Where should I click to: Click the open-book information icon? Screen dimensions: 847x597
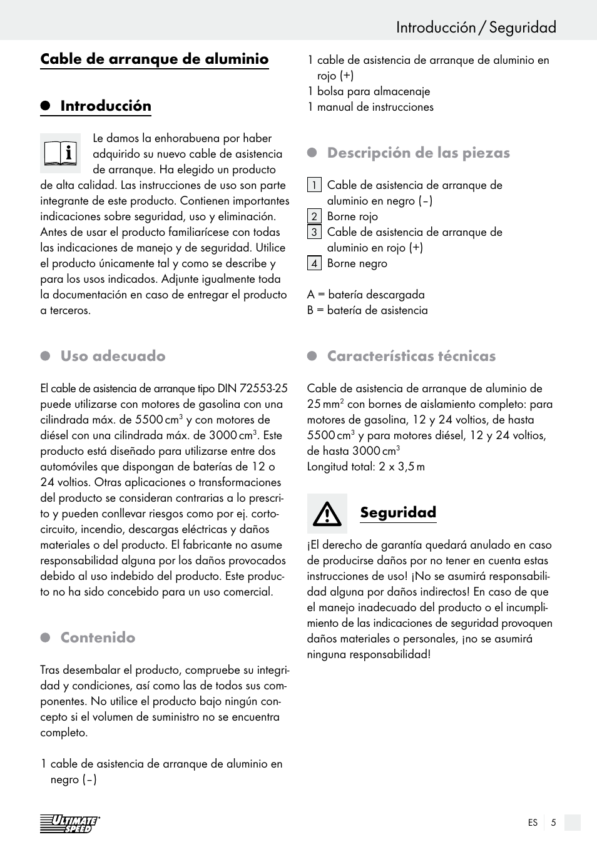click(60, 153)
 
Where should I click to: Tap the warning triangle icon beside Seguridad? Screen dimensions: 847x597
click(327, 514)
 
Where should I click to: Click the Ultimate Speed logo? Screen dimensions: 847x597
click(69, 824)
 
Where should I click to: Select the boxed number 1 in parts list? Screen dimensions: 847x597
click(314, 185)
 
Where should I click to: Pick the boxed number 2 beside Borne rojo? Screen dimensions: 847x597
click(314, 216)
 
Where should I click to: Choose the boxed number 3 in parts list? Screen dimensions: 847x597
click(314, 232)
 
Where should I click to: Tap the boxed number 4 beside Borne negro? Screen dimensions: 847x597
click(314, 263)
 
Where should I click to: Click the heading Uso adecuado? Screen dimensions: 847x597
click(113, 356)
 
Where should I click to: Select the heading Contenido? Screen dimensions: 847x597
click(98, 637)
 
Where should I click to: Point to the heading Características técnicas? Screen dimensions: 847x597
click(411, 356)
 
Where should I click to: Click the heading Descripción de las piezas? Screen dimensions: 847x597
click(418, 153)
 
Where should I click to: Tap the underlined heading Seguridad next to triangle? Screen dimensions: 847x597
click(398, 512)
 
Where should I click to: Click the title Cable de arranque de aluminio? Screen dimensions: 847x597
click(155, 59)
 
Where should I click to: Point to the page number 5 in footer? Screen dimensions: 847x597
click(553, 823)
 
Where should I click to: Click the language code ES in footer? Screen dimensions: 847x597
click(533, 823)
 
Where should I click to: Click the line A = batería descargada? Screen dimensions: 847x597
click(365, 295)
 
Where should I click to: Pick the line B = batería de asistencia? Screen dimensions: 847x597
click(367, 310)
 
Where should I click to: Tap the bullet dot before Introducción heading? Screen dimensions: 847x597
click(45, 106)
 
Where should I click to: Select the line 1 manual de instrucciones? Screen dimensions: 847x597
click(370, 107)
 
